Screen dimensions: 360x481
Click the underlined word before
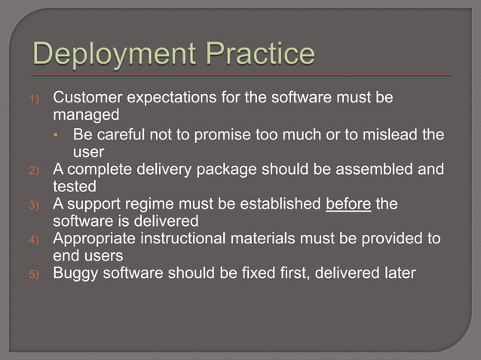[x=348, y=203]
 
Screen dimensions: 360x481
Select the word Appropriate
[x=93, y=238]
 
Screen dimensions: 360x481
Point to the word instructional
[x=183, y=238]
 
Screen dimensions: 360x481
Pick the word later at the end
[x=397, y=273]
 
